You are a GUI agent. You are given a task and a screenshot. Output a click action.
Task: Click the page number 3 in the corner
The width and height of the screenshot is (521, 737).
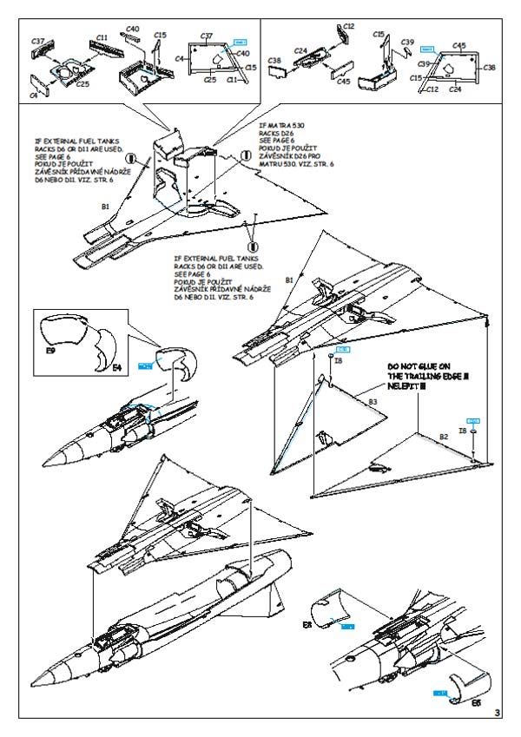pos(497,714)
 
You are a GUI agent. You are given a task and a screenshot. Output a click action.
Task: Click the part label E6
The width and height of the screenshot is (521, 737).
pos(475,703)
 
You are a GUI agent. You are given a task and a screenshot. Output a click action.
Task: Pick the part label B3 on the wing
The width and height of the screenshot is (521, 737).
pos(373,402)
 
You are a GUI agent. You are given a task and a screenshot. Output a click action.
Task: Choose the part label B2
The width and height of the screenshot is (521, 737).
pos(443,435)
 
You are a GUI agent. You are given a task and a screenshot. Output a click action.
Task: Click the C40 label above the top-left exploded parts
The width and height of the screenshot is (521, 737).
pos(132,29)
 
